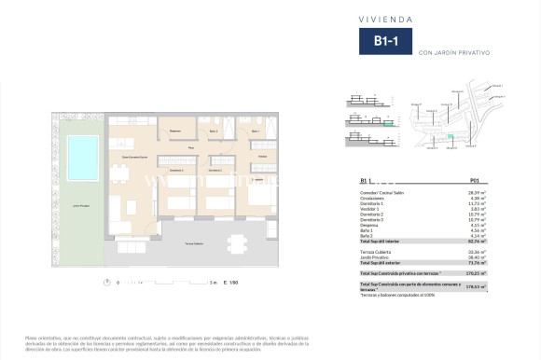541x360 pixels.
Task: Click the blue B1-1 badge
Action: coord(382,42)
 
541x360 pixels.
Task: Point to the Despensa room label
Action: coord(173,132)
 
